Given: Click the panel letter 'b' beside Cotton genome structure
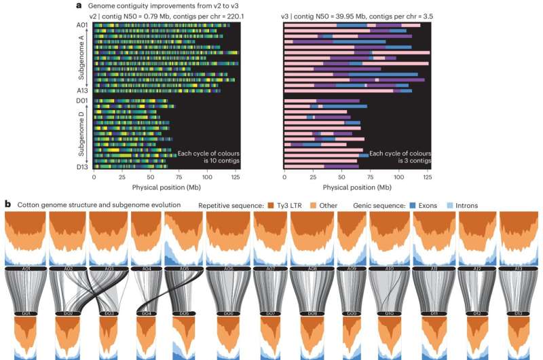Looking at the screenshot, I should (x=7, y=203).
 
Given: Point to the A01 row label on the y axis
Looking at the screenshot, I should (x=83, y=24).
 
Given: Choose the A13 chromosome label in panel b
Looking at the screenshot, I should (x=519, y=269).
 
